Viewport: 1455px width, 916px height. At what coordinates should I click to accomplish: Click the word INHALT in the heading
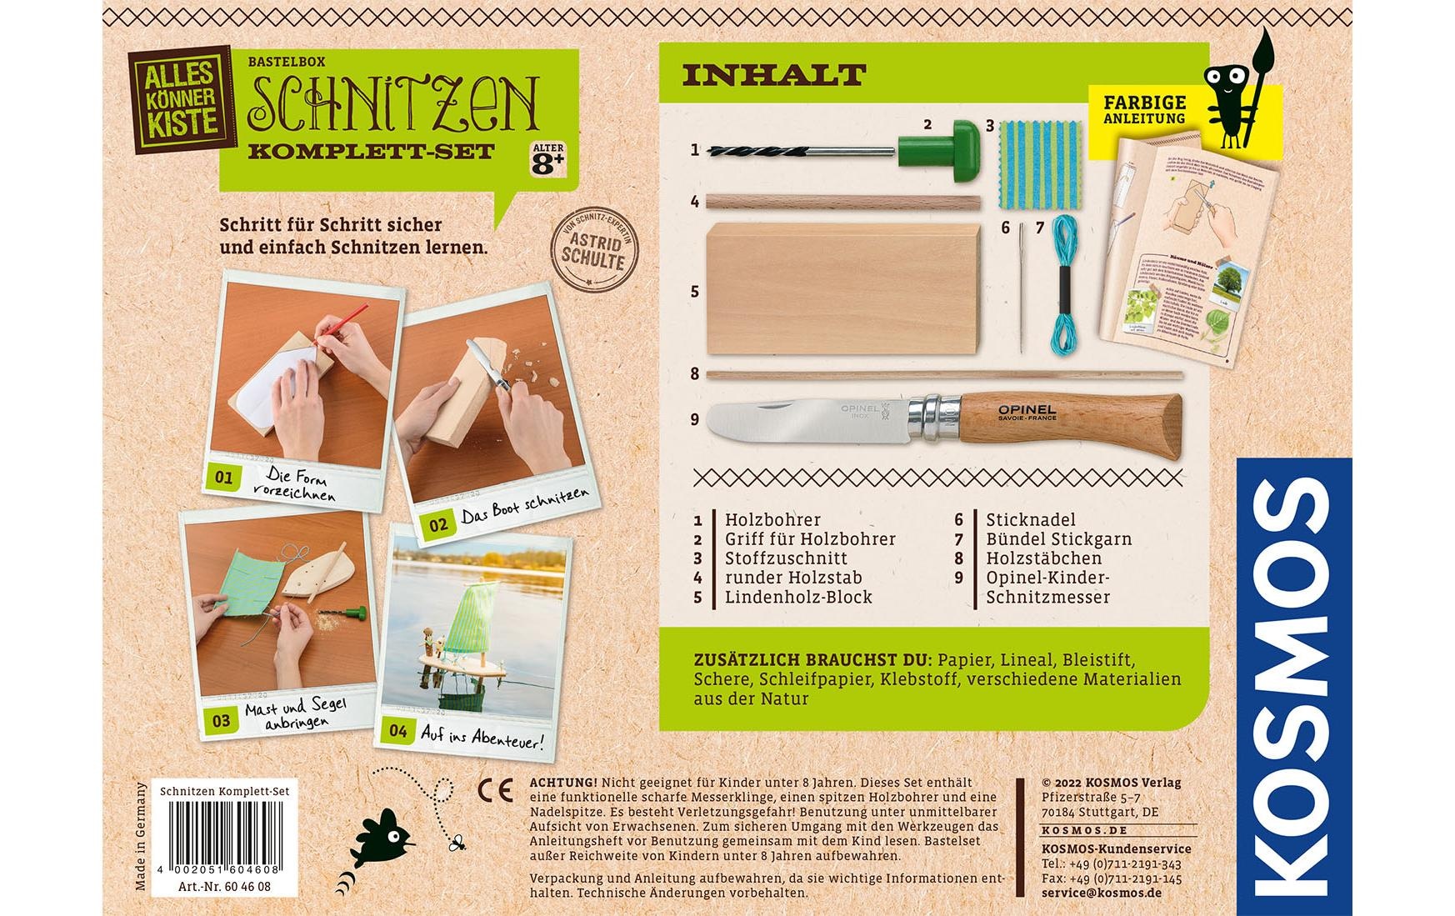click(774, 75)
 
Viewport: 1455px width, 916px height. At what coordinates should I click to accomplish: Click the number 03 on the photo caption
click(221, 720)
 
